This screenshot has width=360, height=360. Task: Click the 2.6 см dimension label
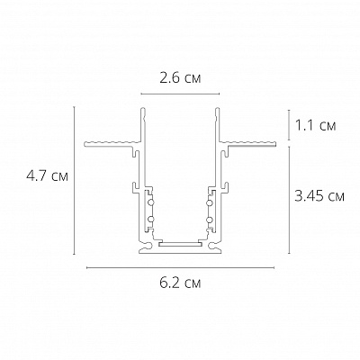point(180,78)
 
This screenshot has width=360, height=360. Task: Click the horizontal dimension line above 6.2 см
point(179,267)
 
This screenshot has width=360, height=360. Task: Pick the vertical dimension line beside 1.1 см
point(288,124)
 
